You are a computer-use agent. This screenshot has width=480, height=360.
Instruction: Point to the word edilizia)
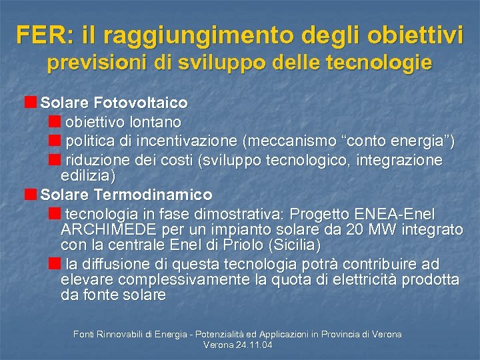click(88, 176)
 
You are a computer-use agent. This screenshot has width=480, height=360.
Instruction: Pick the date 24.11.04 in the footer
click(252, 345)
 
